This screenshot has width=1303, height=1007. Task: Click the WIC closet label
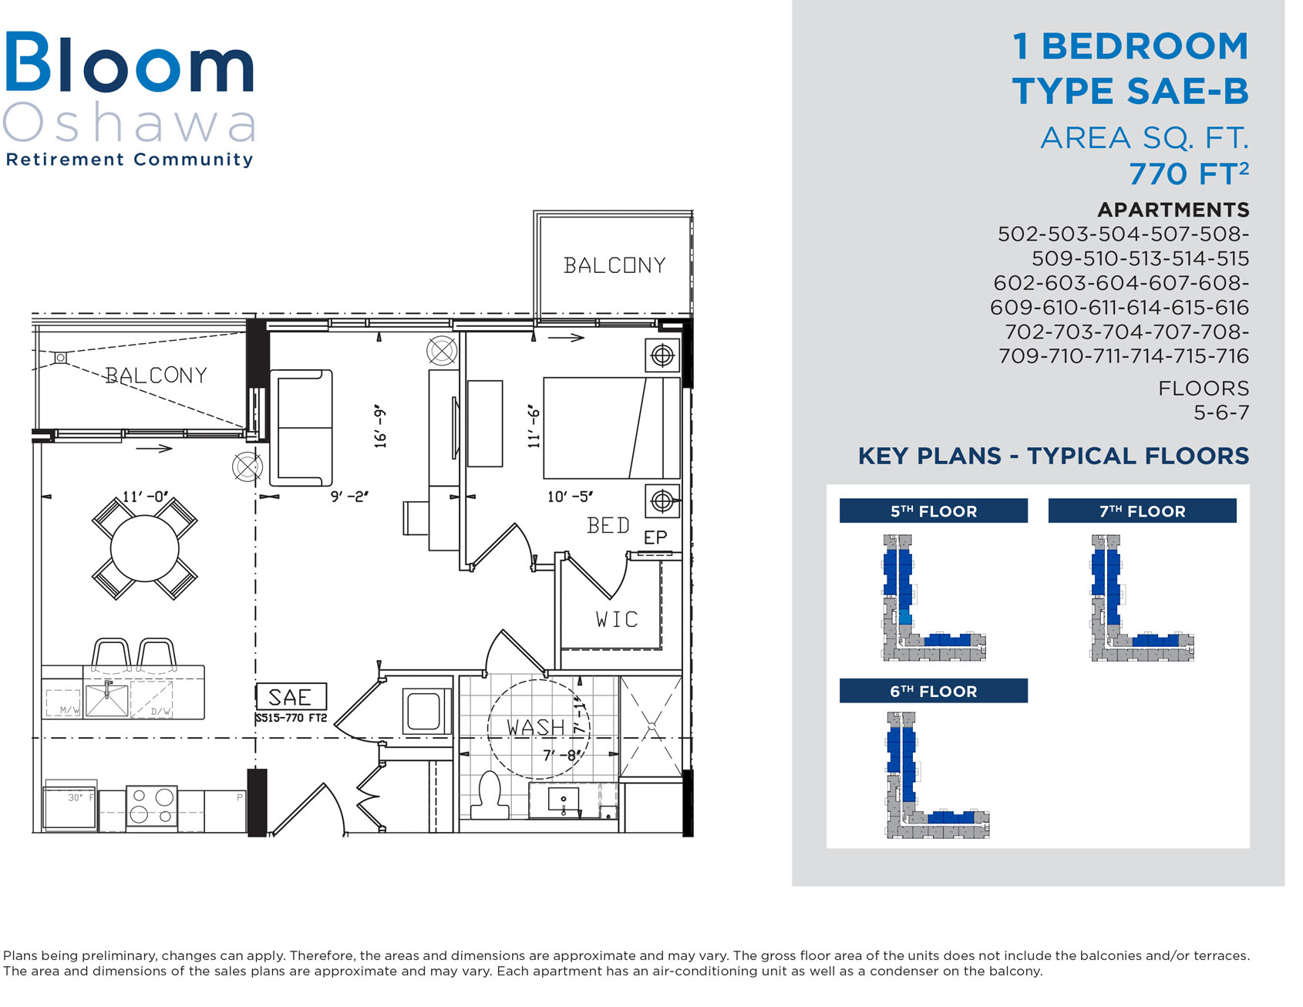617,619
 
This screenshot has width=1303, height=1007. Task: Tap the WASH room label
536,727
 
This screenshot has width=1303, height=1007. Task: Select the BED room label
608,526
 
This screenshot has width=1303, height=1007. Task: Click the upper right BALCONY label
614,265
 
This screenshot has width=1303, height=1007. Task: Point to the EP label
655,537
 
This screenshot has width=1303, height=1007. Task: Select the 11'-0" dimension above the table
145,497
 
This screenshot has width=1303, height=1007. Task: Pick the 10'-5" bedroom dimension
571,497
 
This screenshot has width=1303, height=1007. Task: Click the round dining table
145,548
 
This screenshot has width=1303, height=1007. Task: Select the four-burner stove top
152,806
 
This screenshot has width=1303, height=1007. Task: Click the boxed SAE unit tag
291,697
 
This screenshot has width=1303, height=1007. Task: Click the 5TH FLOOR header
933,511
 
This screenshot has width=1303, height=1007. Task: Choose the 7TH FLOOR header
1142,511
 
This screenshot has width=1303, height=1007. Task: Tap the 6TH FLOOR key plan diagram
937,774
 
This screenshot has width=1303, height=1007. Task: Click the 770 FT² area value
1189,173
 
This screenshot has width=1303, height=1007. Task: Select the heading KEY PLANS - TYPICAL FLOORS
1053,456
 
